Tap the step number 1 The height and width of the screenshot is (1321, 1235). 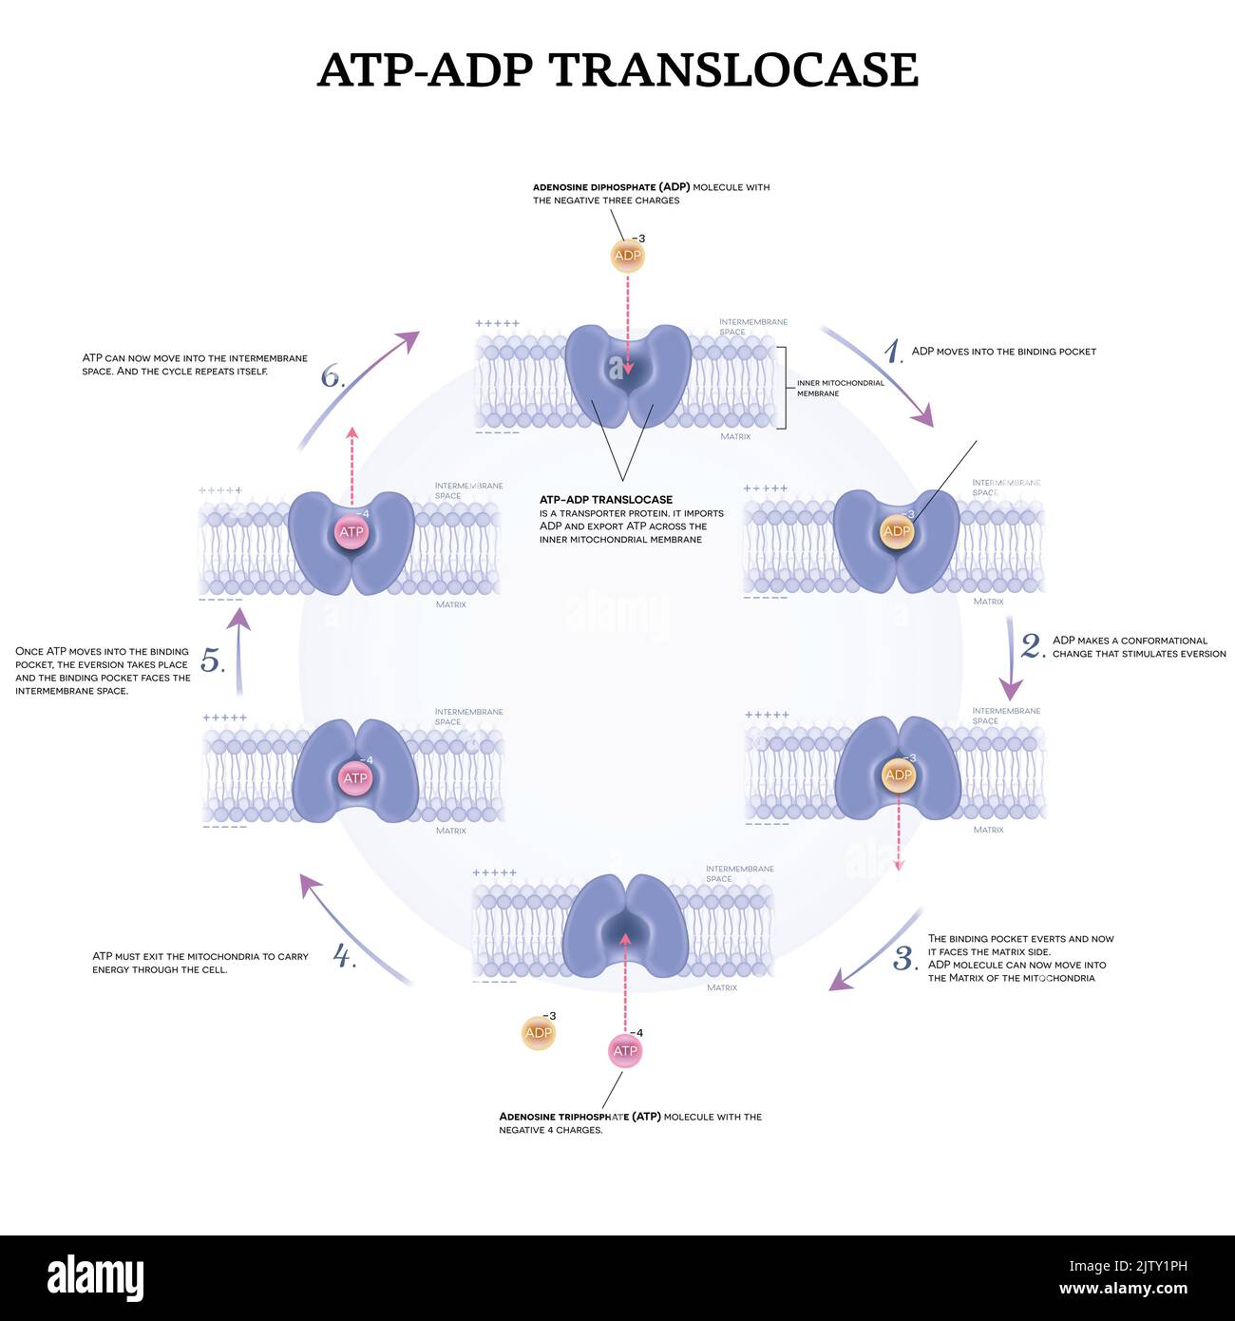point(892,353)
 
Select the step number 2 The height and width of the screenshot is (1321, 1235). point(1032,646)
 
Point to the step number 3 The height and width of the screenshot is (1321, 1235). point(904,959)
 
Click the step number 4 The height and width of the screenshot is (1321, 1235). point(343,955)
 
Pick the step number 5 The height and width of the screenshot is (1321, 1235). point(211,660)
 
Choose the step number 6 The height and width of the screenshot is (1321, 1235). point(332,377)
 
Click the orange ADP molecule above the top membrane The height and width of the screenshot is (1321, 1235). point(627,256)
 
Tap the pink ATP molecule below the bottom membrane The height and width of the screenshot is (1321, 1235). point(625,1050)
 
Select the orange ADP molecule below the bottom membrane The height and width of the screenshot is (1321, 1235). point(538,1033)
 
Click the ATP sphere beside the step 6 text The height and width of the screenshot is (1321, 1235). point(351,532)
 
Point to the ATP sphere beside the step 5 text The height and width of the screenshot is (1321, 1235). point(354,778)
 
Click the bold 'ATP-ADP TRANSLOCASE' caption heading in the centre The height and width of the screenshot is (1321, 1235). point(606,499)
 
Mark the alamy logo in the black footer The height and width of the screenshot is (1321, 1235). point(95,1277)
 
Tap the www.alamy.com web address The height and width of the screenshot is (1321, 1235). point(1122,1290)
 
